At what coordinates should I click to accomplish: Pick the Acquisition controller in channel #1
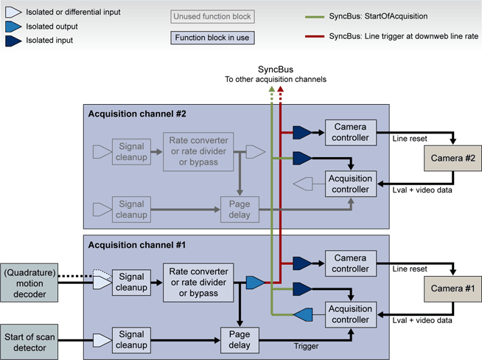350,316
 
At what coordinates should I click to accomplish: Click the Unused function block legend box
212,16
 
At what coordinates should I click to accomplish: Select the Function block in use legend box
212,38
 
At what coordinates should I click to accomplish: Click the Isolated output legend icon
12,27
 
